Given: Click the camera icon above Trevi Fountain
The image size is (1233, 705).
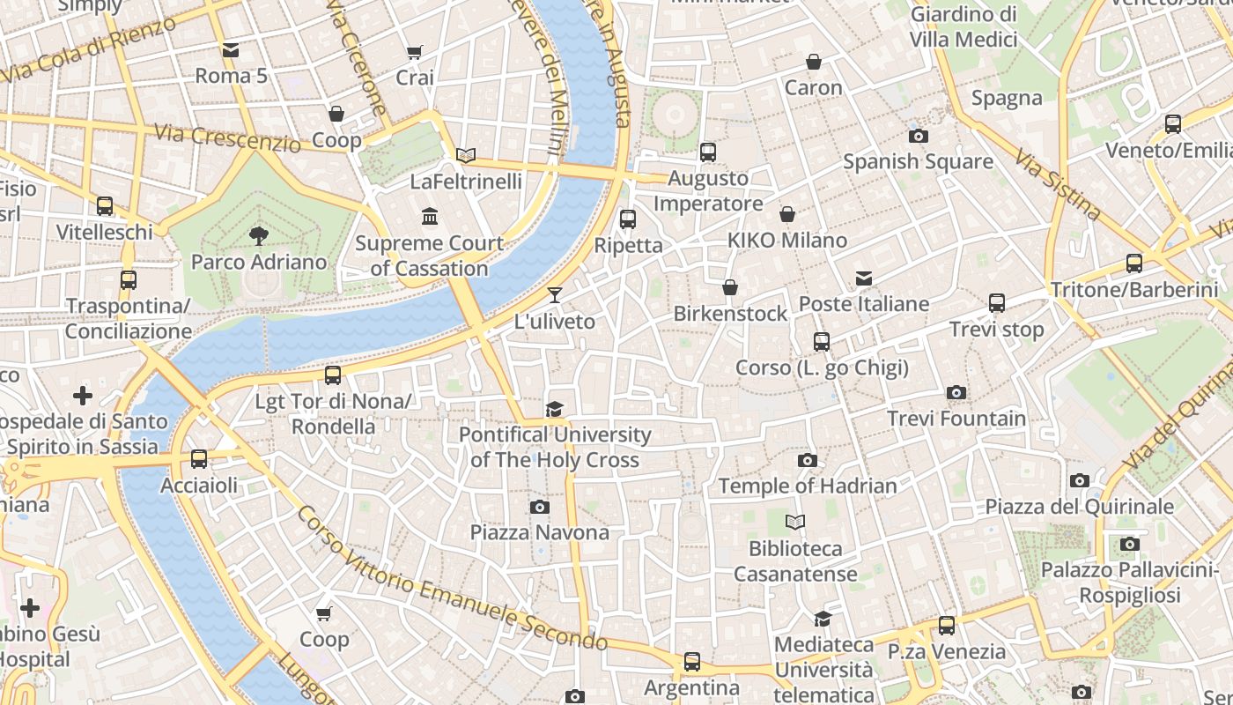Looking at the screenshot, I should (x=956, y=392).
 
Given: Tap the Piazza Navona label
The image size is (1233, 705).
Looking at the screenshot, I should (x=539, y=532).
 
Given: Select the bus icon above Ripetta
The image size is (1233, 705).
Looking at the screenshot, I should (x=628, y=219).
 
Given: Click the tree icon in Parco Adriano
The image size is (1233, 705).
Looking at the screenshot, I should (x=258, y=235).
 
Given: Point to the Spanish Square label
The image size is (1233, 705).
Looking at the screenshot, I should (x=918, y=162).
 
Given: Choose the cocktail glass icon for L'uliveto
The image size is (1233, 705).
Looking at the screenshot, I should (x=555, y=295).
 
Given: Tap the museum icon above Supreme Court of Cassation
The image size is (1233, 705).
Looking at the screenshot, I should (x=430, y=216).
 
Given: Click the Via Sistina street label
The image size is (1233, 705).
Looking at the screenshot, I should (x=1057, y=184).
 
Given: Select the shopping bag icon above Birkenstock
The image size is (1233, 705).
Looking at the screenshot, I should (x=730, y=287).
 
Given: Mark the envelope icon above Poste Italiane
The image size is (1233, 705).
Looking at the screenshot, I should (x=864, y=278).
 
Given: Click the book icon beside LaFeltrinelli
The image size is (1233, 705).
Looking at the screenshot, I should (x=466, y=156).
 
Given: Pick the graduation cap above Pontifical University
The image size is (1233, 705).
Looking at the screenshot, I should (x=554, y=409).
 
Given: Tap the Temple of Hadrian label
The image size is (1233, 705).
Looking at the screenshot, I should (x=808, y=486).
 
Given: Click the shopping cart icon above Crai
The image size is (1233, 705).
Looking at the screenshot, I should (x=415, y=52).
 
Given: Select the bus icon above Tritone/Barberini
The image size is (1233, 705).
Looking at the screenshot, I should (x=1134, y=263).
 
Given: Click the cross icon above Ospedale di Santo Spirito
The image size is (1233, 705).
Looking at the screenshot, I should (x=83, y=396).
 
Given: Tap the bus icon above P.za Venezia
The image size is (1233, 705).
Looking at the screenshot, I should (x=947, y=626).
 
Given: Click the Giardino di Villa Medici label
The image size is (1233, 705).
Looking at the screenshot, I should (x=964, y=26).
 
